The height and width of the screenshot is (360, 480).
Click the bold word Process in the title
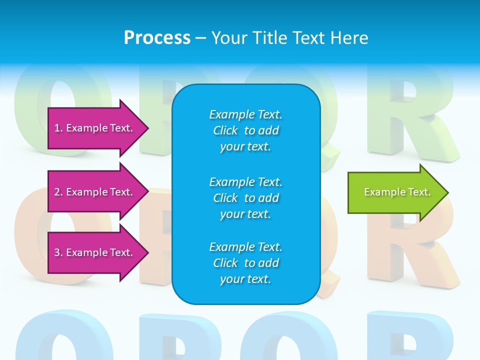point(157,38)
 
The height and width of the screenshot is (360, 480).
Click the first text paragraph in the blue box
point(245,130)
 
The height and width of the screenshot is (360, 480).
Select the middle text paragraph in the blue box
point(245,198)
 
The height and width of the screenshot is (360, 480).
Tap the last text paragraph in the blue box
point(245,263)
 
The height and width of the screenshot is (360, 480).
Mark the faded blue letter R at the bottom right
point(405,335)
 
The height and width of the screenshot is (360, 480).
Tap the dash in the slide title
point(200,38)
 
